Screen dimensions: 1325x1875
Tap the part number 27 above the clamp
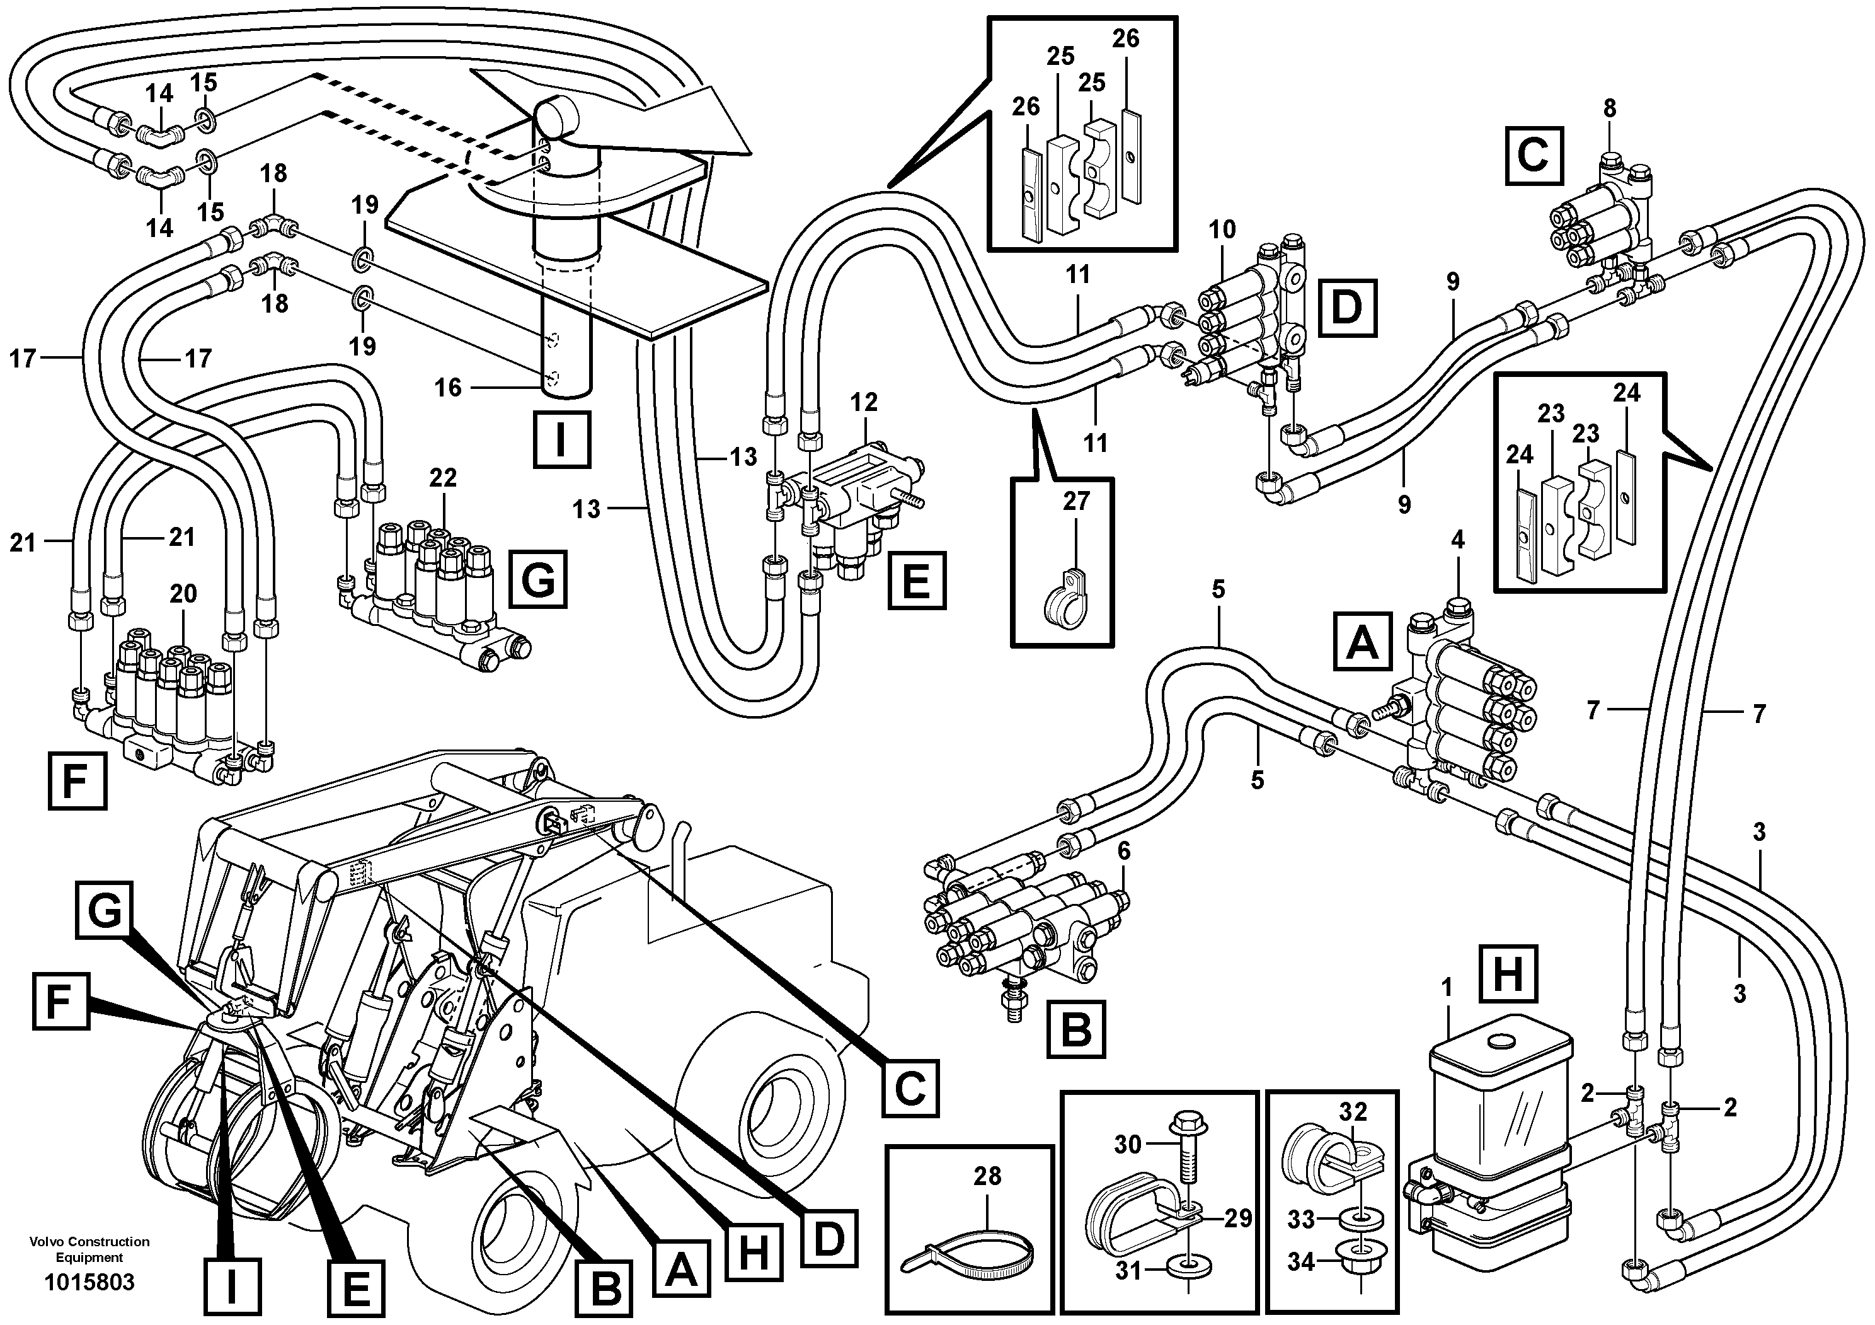(1075, 500)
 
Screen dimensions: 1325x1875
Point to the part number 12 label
(863, 402)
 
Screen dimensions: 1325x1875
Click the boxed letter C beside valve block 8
(1533, 155)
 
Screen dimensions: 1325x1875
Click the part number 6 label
(1124, 851)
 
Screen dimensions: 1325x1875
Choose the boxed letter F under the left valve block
(77, 782)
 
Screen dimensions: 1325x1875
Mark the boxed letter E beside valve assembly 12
(917, 581)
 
